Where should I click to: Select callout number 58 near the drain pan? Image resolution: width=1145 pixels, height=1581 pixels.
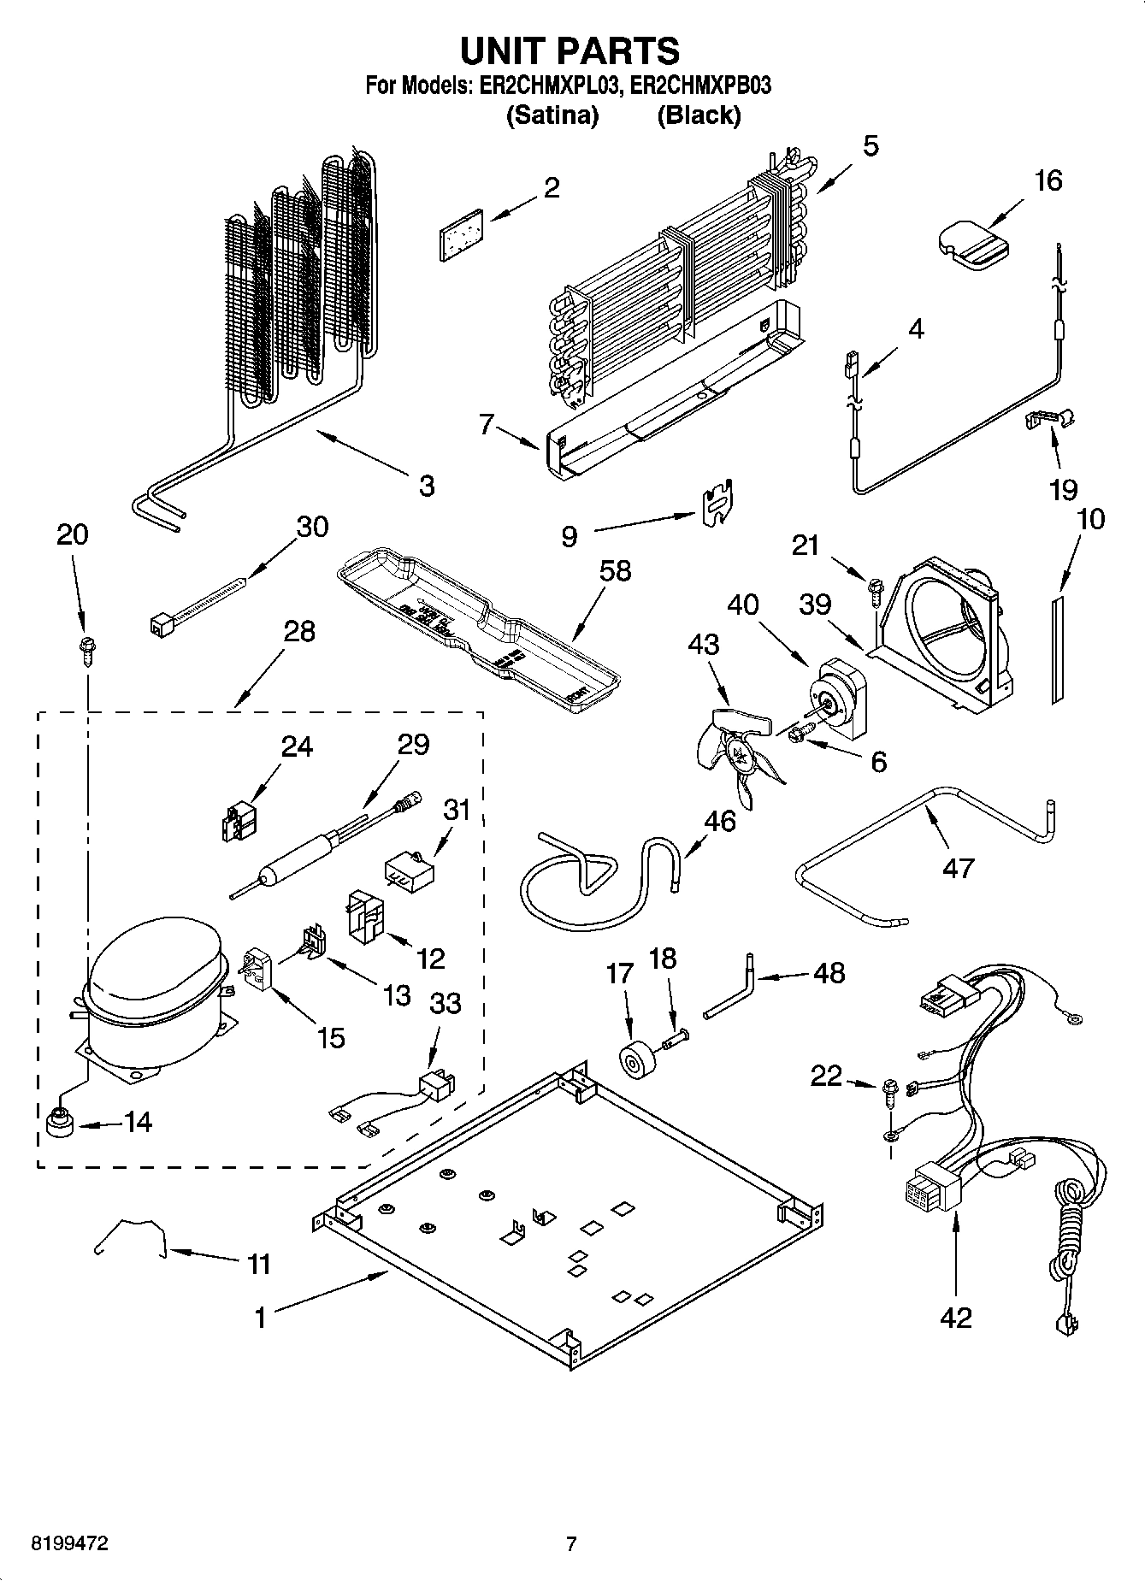615,571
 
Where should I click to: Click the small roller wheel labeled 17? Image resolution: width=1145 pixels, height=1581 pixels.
635,1061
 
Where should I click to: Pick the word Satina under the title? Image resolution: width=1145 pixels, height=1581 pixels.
552,115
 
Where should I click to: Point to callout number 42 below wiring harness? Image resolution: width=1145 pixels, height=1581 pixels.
956,1318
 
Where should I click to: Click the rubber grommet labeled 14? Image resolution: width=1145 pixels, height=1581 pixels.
58,1122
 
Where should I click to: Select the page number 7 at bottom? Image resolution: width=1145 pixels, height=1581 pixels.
571,1543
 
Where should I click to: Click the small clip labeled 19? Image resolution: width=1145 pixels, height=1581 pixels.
1049,420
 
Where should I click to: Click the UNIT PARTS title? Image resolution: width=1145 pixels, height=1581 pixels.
570,51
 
